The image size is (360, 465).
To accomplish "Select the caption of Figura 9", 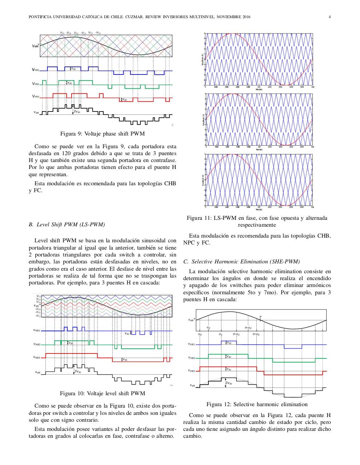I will click(x=102, y=134).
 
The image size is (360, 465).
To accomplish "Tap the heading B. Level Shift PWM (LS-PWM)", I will click(x=67, y=225).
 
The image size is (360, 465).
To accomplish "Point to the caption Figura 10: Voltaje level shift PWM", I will click(x=102, y=393).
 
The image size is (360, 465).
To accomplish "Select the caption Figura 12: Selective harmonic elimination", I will click(x=257, y=404).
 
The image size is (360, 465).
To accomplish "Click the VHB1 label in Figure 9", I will click(x=35, y=70).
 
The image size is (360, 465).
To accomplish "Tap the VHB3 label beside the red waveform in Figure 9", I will click(x=35, y=97).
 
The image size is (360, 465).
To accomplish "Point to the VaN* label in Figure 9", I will click(x=35, y=46).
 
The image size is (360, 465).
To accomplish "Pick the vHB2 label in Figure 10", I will click(x=37, y=344).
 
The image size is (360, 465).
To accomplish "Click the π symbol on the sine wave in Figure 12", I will click(x=260, y=317).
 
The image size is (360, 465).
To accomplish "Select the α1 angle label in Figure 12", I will click(x=221, y=334).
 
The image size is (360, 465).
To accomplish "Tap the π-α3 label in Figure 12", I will click(x=256, y=334).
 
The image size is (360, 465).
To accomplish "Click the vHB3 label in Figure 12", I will click(x=191, y=371).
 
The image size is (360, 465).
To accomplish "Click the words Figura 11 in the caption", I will click(x=199, y=218).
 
